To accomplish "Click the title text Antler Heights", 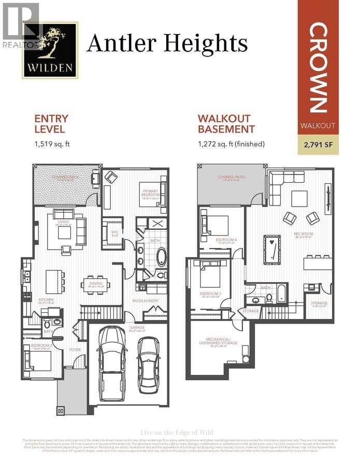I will (167, 43).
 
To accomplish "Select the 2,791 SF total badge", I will (318, 145).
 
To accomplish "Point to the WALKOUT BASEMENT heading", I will (226, 124).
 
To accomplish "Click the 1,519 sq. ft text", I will (51, 143).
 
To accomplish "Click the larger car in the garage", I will (112, 357).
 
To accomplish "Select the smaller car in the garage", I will (149, 362).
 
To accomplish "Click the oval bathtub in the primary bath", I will (162, 256).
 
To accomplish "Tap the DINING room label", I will (96, 284).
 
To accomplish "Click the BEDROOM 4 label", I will (227, 240).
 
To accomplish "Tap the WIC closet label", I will (114, 231).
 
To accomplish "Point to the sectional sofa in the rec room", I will (282, 181).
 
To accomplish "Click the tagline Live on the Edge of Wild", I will (177, 433).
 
